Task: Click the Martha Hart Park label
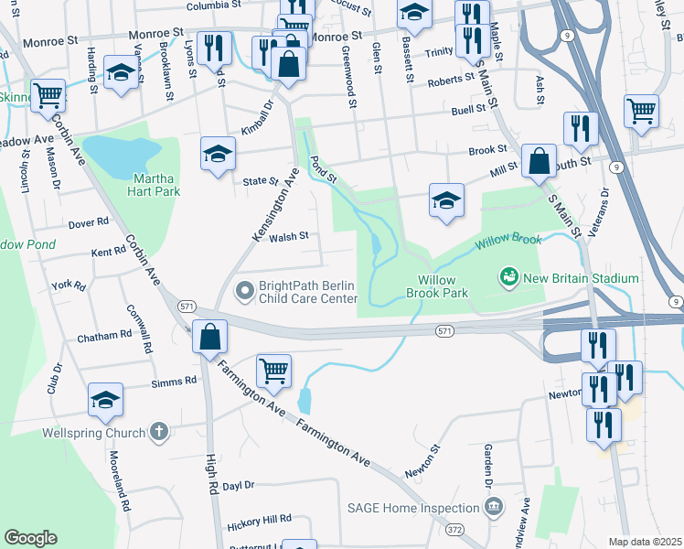click(x=144, y=184)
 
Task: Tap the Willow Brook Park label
click(x=443, y=286)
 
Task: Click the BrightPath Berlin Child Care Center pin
click(x=244, y=291)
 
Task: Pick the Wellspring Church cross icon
click(x=159, y=432)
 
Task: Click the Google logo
click(x=30, y=538)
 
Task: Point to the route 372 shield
click(x=454, y=530)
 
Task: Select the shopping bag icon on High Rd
click(x=210, y=337)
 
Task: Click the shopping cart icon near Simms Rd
click(x=273, y=371)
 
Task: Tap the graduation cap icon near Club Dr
click(x=106, y=400)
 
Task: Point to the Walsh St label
click(x=289, y=236)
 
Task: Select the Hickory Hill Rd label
click(x=258, y=519)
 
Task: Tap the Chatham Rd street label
click(x=103, y=337)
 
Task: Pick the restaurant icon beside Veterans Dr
click(x=581, y=128)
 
